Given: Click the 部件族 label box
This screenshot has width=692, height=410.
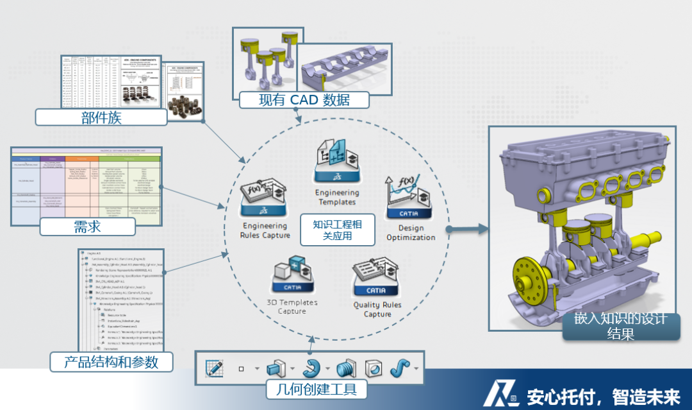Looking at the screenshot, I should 101,117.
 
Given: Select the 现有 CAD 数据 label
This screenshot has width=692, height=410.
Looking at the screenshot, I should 304,100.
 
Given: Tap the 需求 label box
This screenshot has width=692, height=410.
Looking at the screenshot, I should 87,226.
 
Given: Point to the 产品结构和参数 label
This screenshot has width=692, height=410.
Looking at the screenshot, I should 111,362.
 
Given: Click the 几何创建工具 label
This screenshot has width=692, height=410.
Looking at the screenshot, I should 311,389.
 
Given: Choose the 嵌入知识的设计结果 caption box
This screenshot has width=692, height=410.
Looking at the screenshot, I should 620,326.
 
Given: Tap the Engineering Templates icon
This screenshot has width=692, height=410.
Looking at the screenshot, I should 337,162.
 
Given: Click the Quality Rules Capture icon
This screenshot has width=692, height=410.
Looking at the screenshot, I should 377,277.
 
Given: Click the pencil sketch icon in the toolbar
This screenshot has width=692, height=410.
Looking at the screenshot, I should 214,368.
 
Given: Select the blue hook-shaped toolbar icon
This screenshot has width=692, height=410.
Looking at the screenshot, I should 311,368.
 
